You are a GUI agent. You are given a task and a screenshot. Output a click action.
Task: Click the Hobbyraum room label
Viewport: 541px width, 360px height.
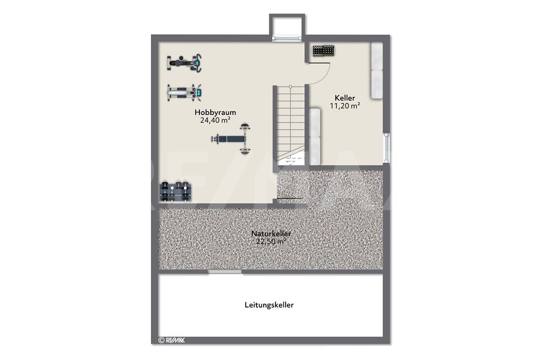tap(215, 113)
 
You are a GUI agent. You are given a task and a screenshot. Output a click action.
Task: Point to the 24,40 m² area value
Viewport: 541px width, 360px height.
tap(215, 121)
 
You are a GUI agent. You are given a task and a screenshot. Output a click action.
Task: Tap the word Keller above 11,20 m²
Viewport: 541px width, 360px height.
tap(345, 98)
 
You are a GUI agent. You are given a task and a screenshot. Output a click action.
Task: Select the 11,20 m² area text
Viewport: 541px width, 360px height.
tap(345, 106)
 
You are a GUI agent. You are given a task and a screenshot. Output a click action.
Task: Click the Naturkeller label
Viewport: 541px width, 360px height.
tap(271, 233)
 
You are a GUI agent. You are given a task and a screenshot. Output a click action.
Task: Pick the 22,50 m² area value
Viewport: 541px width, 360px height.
tap(271, 241)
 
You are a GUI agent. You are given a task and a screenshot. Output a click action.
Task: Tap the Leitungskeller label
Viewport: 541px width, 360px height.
tap(269, 305)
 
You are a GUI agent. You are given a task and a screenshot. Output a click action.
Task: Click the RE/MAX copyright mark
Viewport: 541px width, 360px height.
tap(171, 340)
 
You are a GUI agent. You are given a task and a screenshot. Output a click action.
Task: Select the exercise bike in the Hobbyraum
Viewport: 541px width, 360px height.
tap(184, 63)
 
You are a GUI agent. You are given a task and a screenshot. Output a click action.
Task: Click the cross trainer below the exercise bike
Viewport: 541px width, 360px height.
tap(185, 92)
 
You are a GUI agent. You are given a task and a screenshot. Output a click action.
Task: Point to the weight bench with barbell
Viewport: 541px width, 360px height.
tap(231, 139)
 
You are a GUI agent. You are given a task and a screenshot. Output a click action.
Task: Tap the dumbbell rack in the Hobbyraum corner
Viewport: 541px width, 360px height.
tap(175, 192)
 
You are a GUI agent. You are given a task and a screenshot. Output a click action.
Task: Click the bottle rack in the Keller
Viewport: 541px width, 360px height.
tap(323, 51)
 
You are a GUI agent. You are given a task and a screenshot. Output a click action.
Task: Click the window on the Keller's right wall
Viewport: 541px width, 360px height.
tap(387, 148)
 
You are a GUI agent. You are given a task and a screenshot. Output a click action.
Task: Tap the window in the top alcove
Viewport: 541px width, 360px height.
tap(287, 38)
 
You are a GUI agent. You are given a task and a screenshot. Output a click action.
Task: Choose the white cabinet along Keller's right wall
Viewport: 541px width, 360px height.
tap(377, 70)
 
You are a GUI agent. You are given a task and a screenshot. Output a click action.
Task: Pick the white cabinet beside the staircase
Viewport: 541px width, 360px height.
tap(314, 136)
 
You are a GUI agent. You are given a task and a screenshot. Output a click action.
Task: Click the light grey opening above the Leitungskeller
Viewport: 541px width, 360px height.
tap(225, 272)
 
